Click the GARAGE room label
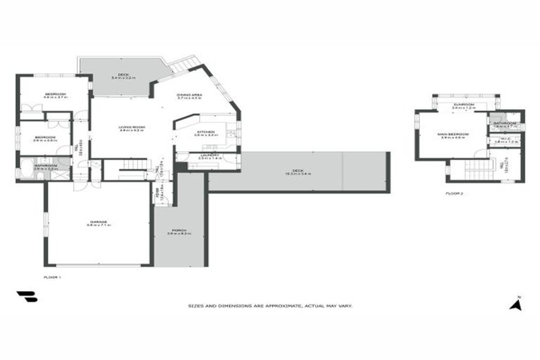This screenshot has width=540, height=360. coord(98,222)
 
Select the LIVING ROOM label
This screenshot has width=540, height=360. coord(132,127)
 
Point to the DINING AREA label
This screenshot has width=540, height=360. coord(189,95)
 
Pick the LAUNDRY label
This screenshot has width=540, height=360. coord(210,155)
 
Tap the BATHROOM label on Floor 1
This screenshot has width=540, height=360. coord(46,166)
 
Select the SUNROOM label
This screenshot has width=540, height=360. coord(464,105)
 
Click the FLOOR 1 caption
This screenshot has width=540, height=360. coord(53,278)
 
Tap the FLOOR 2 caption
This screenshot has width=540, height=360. coord(454,192)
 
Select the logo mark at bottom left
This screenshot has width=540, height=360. coord(27,297)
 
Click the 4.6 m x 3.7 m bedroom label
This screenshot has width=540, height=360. coord(56,95)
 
